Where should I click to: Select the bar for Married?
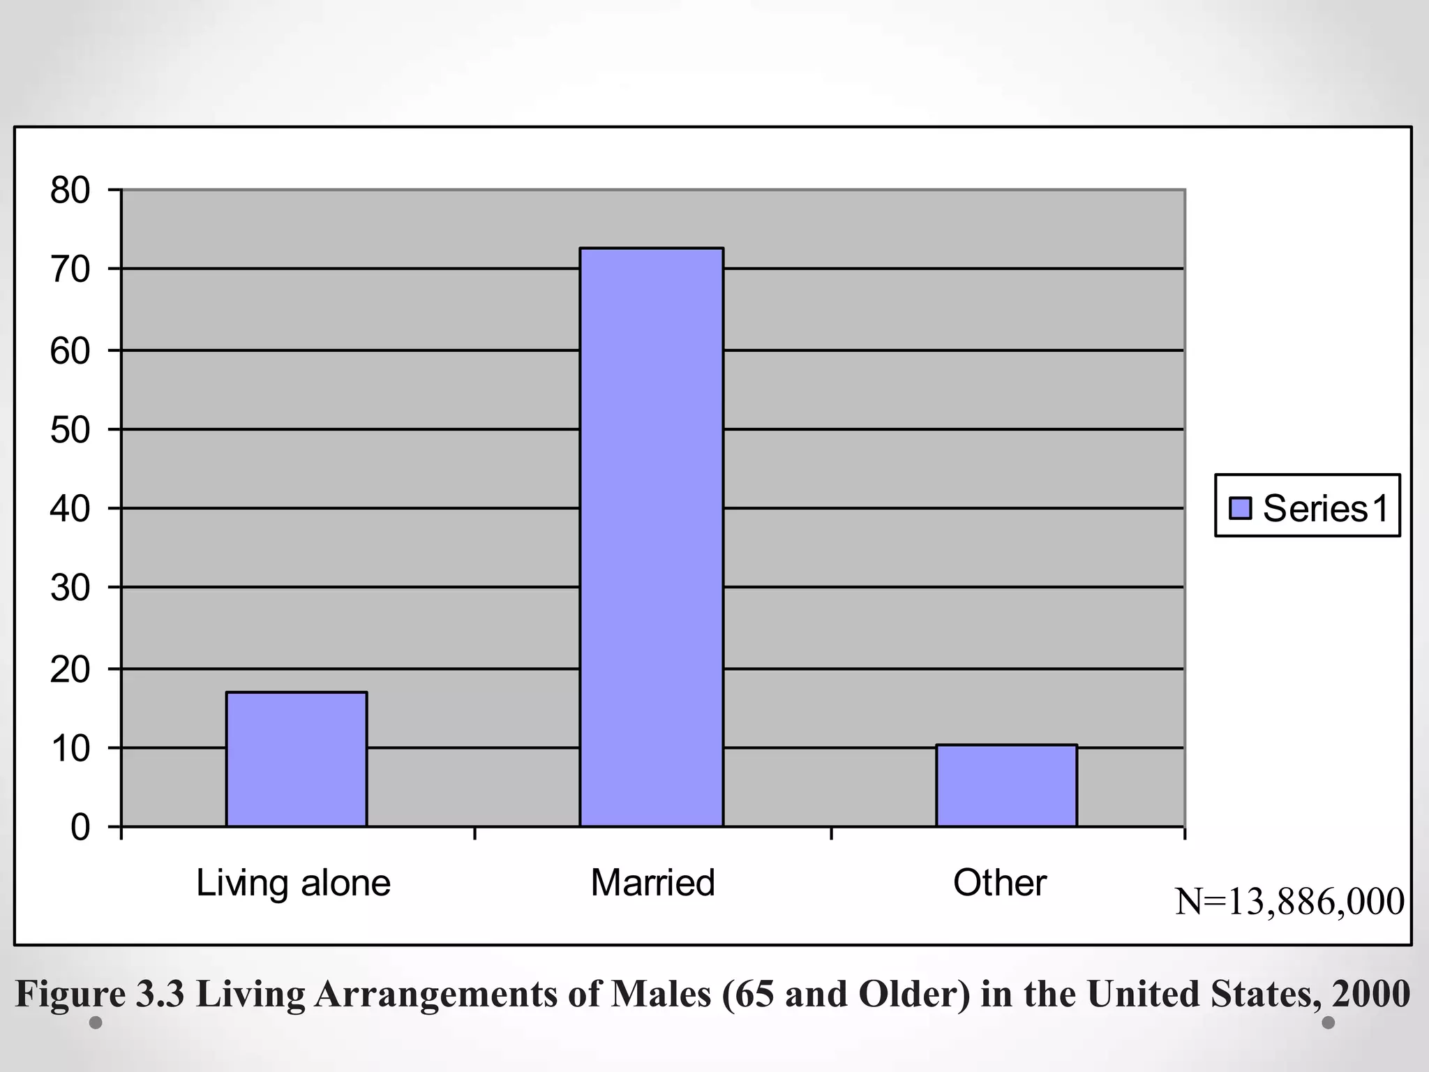pos(651,537)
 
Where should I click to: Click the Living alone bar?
pos(297,759)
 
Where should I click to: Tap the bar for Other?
pos(1006,786)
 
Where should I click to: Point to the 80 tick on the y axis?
pos(70,191)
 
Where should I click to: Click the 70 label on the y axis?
pos(70,270)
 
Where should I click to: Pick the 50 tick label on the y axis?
pos(70,430)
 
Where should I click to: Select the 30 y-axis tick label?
pos(70,588)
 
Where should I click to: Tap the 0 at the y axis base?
pos(80,828)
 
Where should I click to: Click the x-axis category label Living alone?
pos(293,883)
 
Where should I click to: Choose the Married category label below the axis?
pos(652,883)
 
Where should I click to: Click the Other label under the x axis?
pos(999,883)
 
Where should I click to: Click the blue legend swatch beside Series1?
pos(1240,507)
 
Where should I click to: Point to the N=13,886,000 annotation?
pos(1289,901)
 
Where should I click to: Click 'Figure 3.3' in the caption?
pos(100,994)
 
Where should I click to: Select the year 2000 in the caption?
pos(1370,994)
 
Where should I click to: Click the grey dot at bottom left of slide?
pos(96,1023)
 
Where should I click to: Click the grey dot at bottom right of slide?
pos(1329,1022)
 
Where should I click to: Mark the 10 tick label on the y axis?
pos(70,749)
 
